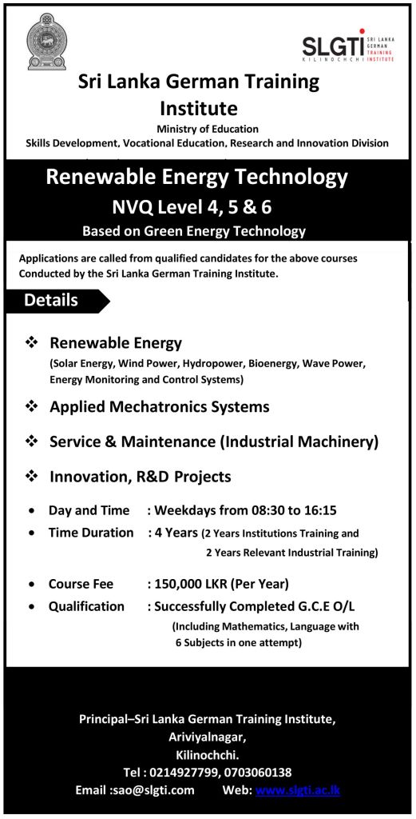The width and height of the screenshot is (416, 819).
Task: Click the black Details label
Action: [x=53, y=301]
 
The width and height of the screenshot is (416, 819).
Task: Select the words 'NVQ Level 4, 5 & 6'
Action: [x=192, y=207]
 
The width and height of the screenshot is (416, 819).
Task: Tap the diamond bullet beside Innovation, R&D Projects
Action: [x=32, y=476]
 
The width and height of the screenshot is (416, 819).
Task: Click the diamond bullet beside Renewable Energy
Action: [x=32, y=342]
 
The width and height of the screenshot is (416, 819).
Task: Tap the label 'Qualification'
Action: [x=86, y=606]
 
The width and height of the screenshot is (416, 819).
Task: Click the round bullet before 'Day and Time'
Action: [x=30, y=510]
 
